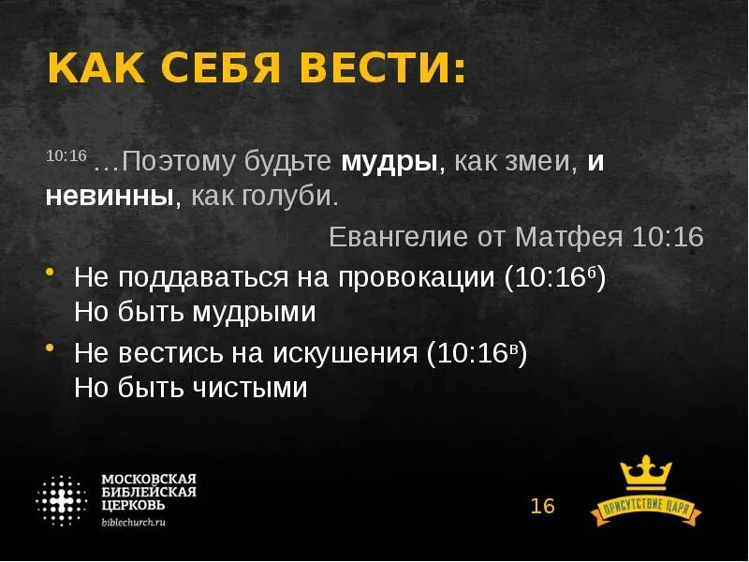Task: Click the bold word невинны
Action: (111, 198)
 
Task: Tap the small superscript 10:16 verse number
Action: (66, 155)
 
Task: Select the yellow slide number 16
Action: (542, 507)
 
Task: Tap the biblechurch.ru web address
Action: (134, 523)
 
